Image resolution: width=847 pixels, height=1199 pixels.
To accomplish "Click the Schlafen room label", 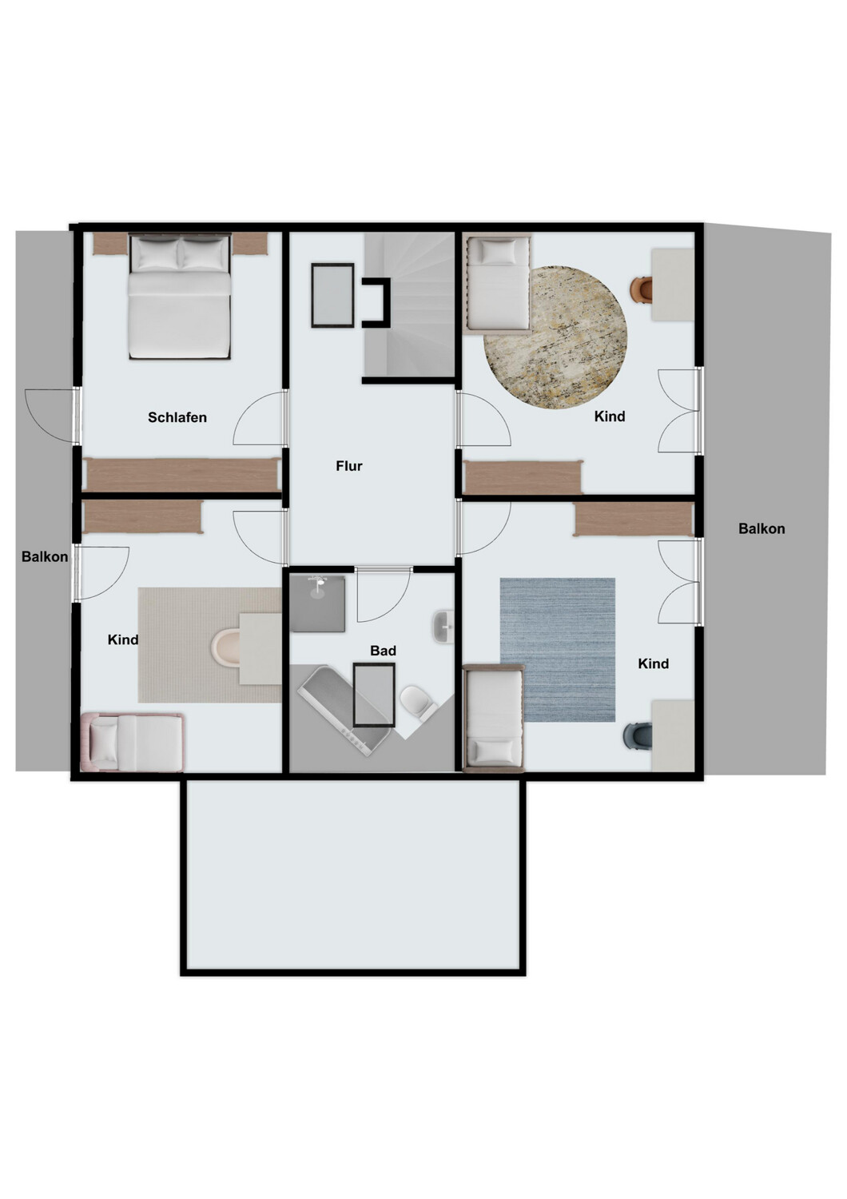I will click(177, 417).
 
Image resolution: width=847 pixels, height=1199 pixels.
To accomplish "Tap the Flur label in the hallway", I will click(349, 466).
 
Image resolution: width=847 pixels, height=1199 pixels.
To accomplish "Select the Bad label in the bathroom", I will click(383, 651).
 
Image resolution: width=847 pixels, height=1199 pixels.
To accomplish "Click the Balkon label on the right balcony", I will click(762, 528).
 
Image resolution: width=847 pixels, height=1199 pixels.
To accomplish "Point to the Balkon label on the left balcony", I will click(45, 556).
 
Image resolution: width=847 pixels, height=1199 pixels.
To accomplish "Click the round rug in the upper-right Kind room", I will click(555, 337).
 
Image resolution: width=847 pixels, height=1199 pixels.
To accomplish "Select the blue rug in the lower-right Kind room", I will click(558, 649).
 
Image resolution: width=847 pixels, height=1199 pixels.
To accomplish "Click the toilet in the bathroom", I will click(416, 700).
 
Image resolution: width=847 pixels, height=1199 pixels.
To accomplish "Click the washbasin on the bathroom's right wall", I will click(443, 628).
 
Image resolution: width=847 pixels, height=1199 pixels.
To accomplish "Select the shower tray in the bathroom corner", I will click(317, 603).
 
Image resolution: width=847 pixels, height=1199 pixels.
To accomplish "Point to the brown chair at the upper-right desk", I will click(641, 289).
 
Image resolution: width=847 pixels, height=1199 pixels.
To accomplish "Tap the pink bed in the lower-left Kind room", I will click(133, 743).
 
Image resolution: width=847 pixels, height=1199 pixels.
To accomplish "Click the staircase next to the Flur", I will click(409, 304).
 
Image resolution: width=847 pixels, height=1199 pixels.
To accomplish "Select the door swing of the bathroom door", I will click(382, 595).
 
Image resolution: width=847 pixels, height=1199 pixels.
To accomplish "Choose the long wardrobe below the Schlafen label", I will click(181, 475).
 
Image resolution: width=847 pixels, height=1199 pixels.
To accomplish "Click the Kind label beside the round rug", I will click(610, 416).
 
